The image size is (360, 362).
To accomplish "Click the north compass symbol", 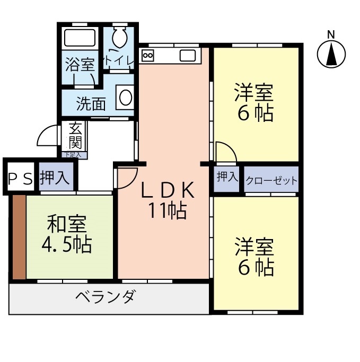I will (331, 54).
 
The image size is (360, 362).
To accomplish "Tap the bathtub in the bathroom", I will (80, 39).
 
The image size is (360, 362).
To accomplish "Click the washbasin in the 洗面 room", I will (125, 98).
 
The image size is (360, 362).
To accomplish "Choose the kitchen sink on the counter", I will (187, 55).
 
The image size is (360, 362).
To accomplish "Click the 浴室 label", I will (80, 66).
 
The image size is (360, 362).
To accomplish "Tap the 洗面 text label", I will (91, 103).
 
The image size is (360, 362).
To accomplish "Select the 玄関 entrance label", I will (75, 136).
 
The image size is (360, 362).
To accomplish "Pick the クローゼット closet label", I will (271, 181).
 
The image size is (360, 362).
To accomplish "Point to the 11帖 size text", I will (167, 211).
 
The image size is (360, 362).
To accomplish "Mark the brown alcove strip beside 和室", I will (19, 237).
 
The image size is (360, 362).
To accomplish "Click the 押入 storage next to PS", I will (55, 178).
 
